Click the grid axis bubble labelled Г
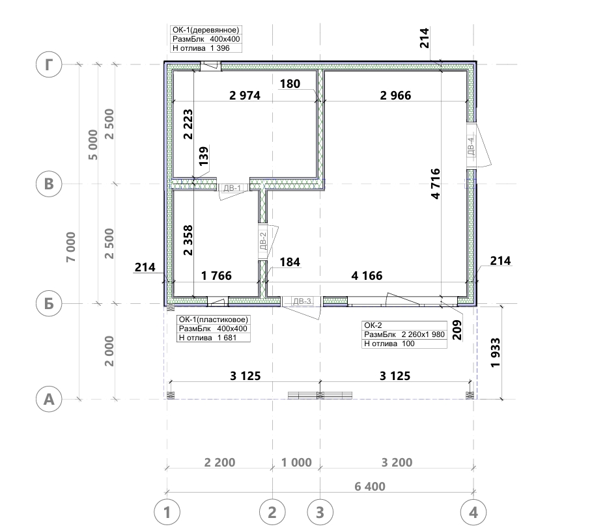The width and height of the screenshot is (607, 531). click(x=49, y=64)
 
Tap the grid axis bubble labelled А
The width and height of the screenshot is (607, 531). click(x=49, y=399)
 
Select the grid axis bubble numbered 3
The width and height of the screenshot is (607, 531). click(x=320, y=512)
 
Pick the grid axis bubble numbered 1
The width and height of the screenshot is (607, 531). click(x=167, y=512)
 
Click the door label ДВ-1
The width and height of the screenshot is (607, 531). click(x=233, y=188)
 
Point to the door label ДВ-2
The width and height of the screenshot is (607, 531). click(x=263, y=241)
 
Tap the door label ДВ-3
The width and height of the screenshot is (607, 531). click(x=302, y=301)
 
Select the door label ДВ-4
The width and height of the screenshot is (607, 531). click(x=471, y=146)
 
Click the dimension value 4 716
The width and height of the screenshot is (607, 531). click(x=435, y=184)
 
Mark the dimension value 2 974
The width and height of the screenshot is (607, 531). click(x=245, y=95)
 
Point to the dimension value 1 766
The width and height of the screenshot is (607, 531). click(x=216, y=276)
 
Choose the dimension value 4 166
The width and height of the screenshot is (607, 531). click(x=367, y=276)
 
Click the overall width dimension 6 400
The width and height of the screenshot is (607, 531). click(x=370, y=486)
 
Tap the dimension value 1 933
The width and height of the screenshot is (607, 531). click(x=495, y=353)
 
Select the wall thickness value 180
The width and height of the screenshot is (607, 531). click(x=290, y=84)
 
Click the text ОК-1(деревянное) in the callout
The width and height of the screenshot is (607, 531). click(x=206, y=30)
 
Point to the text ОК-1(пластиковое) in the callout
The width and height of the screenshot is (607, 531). click(x=214, y=320)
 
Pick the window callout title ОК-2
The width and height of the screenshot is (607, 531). click(x=373, y=325)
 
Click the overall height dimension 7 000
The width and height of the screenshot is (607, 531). click(x=71, y=247)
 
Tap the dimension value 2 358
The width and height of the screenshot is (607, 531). click(x=188, y=241)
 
